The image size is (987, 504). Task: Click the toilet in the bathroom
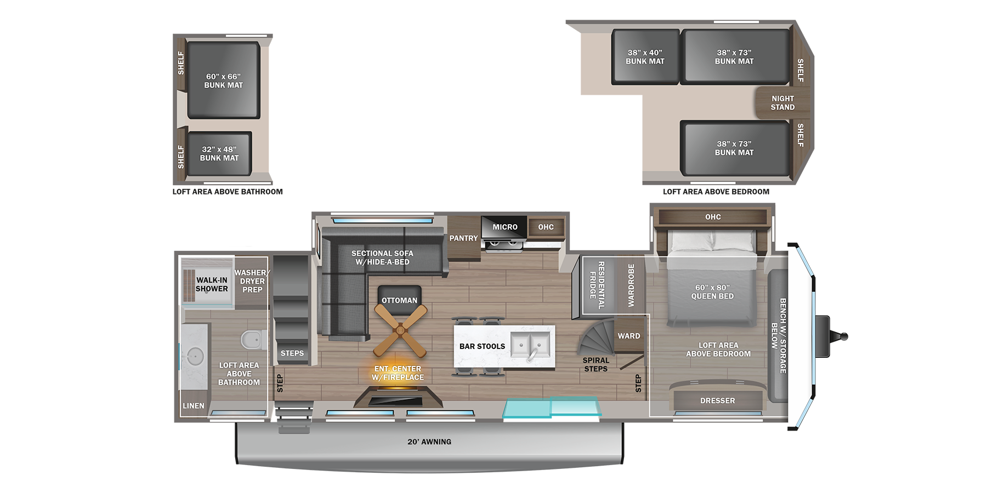tap(252, 340)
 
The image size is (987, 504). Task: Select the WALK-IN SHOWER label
tap(212, 284)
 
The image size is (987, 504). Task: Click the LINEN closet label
tap(193, 406)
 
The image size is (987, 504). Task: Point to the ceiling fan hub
tap(400, 330)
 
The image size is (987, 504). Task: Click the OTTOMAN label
tap(399, 300)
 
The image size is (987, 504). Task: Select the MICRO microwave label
tap(504, 227)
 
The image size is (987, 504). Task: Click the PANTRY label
tap(463, 238)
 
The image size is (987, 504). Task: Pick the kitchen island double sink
tap(530, 345)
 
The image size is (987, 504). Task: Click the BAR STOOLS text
tap(482, 346)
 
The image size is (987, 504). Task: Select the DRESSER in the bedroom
tap(717, 400)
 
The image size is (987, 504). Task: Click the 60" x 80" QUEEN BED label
tap(712, 292)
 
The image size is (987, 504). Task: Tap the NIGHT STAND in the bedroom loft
tap(782, 103)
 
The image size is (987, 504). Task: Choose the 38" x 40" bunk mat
tap(645, 57)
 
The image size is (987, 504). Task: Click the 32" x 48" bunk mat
tap(219, 153)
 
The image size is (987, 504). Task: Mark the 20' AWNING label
tap(429, 442)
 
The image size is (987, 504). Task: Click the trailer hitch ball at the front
tap(844, 336)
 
